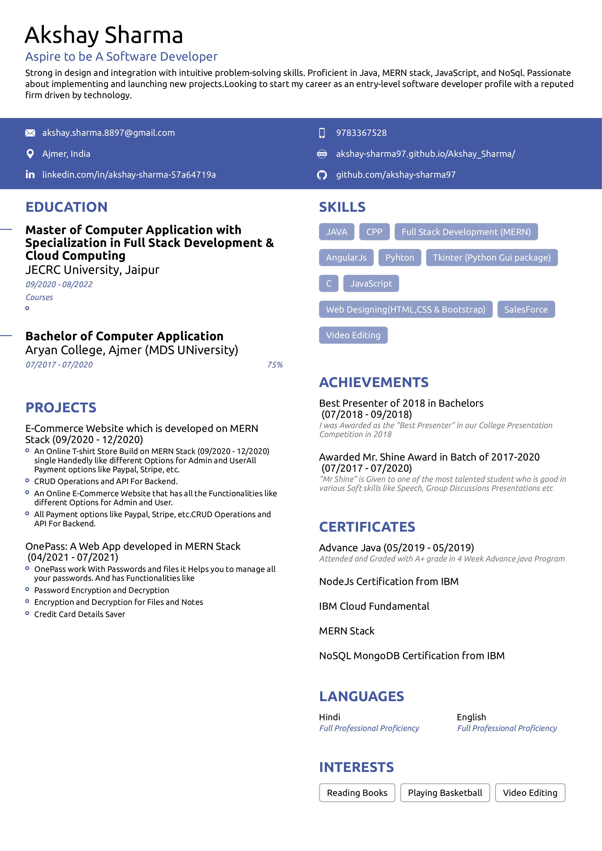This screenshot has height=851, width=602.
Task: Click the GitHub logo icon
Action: pos(322,175)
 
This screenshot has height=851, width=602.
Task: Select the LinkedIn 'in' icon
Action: pos(30,175)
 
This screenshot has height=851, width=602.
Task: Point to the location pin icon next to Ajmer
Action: pos(30,154)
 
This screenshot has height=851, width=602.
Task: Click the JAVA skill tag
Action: pos(336,232)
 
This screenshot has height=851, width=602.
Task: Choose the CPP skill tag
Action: pos(374,232)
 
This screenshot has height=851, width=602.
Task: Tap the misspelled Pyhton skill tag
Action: pos(400,258)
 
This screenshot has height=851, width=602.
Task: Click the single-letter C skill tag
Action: pos(329,284)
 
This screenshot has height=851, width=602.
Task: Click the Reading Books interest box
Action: pos(357,793)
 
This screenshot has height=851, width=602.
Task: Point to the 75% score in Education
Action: pos(275,365)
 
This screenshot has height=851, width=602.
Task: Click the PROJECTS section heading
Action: pos(61,408)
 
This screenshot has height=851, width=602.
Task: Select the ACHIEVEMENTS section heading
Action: pos(374,382)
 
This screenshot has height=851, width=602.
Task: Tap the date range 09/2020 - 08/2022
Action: pos(59,284)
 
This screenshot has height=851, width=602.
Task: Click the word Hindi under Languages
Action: pos(329,717)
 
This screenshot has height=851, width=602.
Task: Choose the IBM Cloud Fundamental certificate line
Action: pos(374,606)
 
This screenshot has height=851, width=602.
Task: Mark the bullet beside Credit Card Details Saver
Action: pos(27,613)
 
